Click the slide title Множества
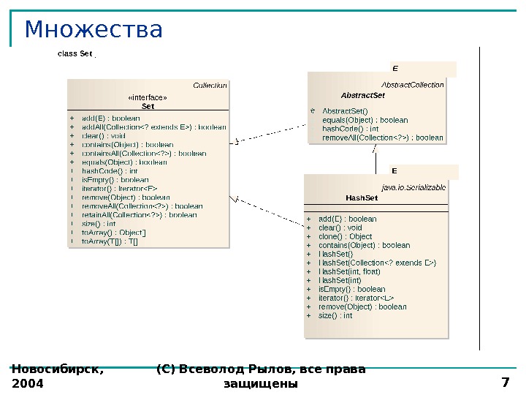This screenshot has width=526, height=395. click(94, 30)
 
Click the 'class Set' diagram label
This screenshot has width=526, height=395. click(75, 53)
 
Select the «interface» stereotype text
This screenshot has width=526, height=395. click(148, 97)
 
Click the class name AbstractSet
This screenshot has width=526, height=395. click(363, 95)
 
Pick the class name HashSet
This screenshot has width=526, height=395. click(362, 197)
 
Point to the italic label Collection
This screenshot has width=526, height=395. click(210, 86)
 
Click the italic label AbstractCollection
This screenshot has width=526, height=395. click(413, 85)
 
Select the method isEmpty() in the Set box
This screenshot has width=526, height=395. click(115, 180)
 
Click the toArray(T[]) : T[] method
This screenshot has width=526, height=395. click(110, 241)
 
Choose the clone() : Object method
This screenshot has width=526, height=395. click(346, 236)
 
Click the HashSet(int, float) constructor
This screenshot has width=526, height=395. click(349, 271)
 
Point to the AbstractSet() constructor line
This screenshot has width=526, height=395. click(346, 111)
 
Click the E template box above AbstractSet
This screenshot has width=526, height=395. click(395, 69)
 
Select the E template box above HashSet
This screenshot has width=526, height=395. click(394, 171)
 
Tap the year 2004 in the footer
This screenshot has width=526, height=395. click(28, 383)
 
